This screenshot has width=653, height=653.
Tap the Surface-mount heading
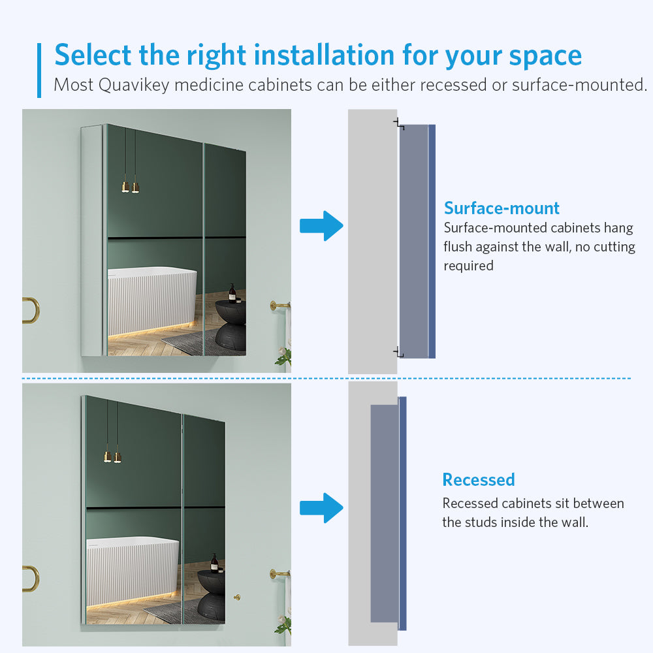pyautogui.click(x=502, y=208)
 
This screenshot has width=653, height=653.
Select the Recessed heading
pyautogui.click(x=479, y=480)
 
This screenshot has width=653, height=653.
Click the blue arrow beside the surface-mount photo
pyautogui.click(x=321, y=226)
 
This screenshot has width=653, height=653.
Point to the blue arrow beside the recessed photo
pyautogui.click(x=321, y=508)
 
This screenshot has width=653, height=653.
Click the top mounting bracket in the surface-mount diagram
pyautogui.click(x=399, y=123)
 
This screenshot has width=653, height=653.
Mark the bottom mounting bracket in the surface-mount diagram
pyautogui.click(x=398, y=352)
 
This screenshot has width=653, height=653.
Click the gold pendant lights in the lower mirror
pyautogui.click(x=112, y=457)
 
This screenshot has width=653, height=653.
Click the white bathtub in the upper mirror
pyautogui.click(x=152, y=302)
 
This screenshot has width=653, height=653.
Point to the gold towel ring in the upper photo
pyautogui.click(x=33, y=310)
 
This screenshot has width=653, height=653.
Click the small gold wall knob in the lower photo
pyautogui.click(x=237, y=597)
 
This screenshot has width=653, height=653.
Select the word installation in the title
pyautogui.click(x=324, y=55)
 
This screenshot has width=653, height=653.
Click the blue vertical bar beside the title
pyautogui.click(x=39, y=71)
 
